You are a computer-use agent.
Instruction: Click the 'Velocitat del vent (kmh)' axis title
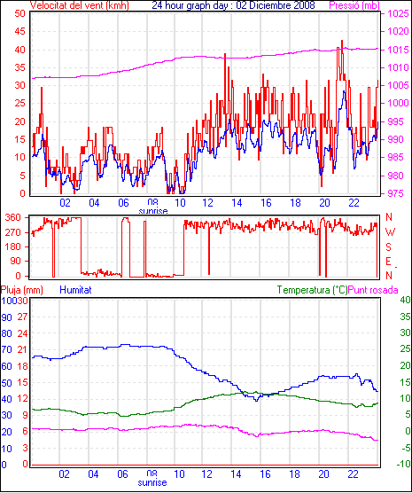click(x=80, y=5)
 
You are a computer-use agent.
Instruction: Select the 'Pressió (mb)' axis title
click(x=354, y=5)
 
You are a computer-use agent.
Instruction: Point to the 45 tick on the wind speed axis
click(x=19, y=31)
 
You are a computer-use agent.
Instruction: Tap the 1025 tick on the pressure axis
click(x=398, y=13)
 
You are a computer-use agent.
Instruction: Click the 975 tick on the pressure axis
click(x=399, y=193)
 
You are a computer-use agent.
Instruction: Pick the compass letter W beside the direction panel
click(x=390, y=232)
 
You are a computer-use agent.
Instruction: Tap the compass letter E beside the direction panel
click(x=388, y=262)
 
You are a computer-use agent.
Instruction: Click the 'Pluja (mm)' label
click(x=21, y=290)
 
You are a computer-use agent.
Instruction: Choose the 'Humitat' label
click(x=75, y=290)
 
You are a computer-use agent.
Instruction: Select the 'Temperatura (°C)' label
click(x=313, y=290)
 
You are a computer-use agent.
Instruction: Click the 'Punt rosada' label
click(x=373, y=290)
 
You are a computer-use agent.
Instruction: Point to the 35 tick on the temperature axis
click(x=406, y=317)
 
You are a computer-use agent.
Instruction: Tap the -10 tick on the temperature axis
click(x=403, y=464)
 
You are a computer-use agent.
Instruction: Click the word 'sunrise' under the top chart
click(x=153, y=211)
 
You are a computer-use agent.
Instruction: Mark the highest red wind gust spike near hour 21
click(x=342, y=41)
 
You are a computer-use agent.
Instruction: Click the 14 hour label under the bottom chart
click(x=236, y=473)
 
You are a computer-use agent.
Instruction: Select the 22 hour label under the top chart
click(x=354, y=203)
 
